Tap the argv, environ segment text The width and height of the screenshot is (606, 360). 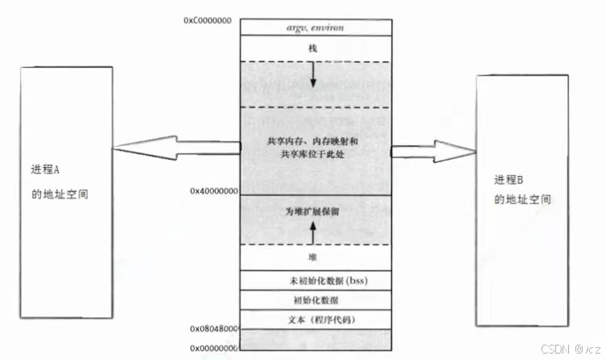click(x=316, y=27)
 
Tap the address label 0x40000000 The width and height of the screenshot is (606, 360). click(x=214, y=191)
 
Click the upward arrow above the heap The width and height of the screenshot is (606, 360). click(x=313, y=234)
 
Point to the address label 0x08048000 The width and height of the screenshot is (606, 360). click(x=214, y=329)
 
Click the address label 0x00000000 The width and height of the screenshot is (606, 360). click(x=214, y=348)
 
